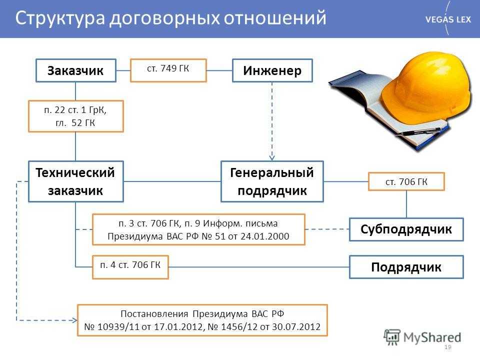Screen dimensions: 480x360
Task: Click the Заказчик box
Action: [76, 70]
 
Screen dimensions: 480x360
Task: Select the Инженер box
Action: [272, 70]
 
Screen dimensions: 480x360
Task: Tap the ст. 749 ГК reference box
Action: [168, 70]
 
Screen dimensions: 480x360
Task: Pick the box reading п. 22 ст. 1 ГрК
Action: [76, 116]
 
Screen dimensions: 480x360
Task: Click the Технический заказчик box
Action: [76, 181]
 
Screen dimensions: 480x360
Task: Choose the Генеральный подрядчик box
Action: [272, 181]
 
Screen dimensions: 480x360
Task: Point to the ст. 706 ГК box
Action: [406, 181]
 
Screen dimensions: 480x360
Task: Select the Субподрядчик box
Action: [406, 229]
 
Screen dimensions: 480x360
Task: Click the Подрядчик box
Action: [406, 267]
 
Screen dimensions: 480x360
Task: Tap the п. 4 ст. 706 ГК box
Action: [130, 267]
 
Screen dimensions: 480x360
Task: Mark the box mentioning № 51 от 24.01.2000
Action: [198, 229]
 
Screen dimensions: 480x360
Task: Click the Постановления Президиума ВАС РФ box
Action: [202, 320]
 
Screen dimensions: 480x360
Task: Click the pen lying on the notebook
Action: [419, 132]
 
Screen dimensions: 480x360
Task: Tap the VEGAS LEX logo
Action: [448, 19]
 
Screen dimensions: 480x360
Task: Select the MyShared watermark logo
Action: [422, 337]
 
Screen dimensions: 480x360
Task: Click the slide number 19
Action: [448, 347]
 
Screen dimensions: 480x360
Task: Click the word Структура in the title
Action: [60, 18]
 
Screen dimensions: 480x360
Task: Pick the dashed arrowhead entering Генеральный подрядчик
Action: [272, 157]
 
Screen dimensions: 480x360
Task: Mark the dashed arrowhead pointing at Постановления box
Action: [74, 320]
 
